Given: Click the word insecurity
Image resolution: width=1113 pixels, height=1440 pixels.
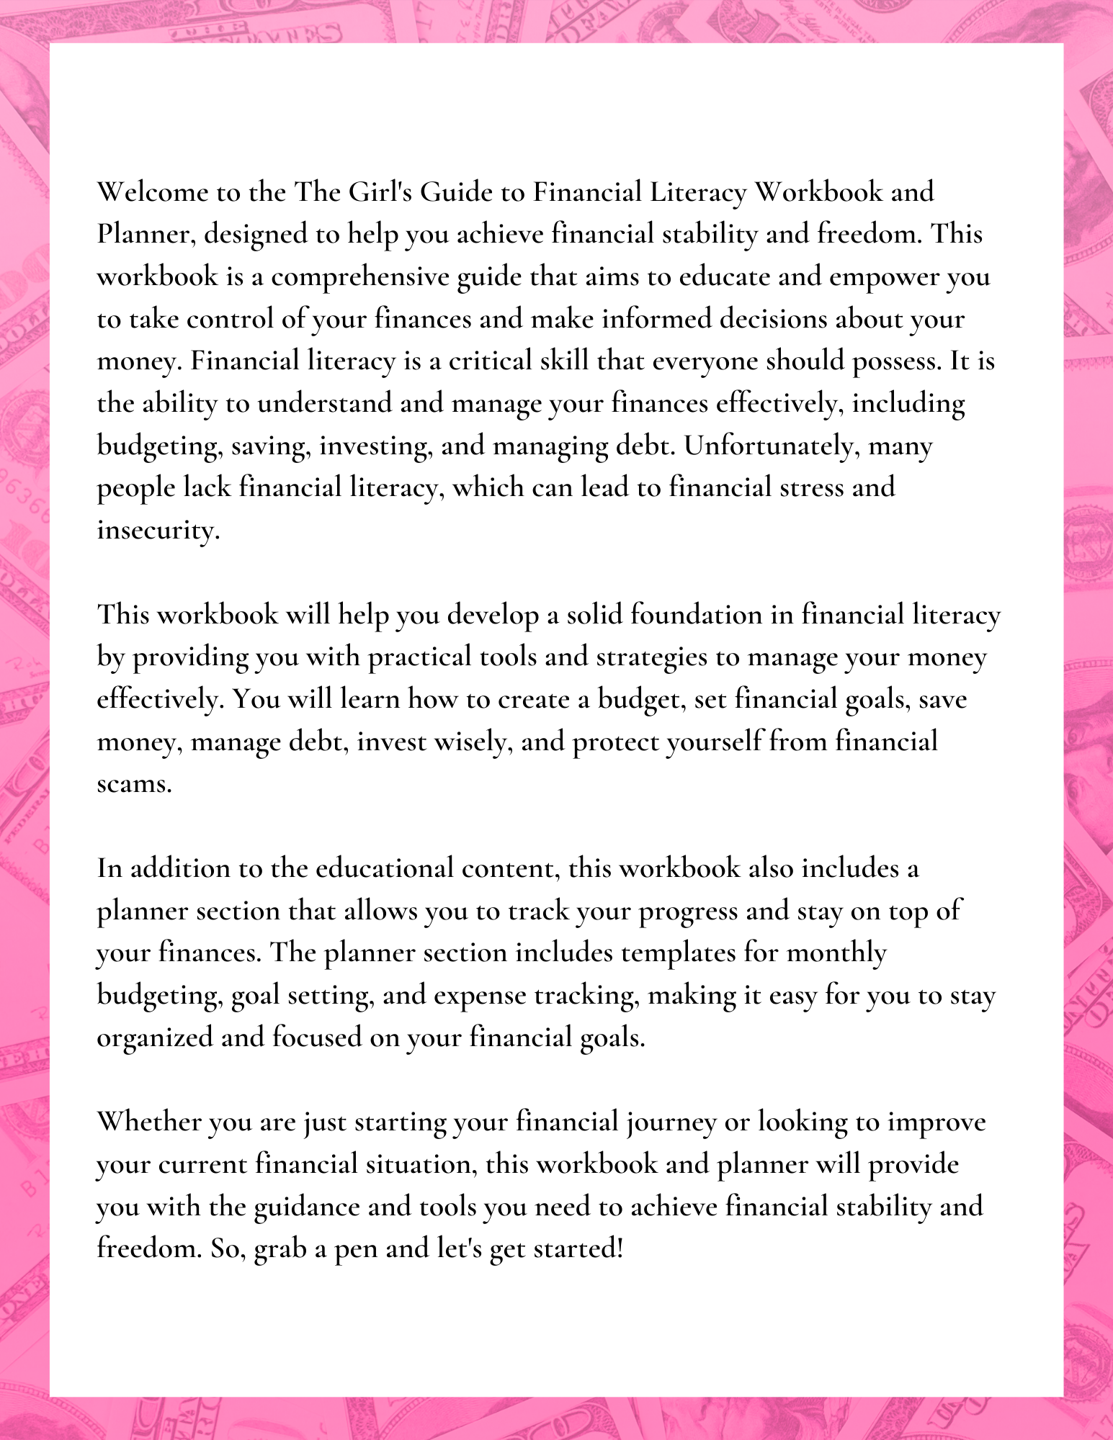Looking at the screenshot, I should pyautogui.click(x=158, y=531).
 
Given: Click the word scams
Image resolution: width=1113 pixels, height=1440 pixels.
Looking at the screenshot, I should pyautogui.click(x=134, y=784).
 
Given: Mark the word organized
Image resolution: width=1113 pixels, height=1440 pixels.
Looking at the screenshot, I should pyautogui.click(x=155, y=1038).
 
